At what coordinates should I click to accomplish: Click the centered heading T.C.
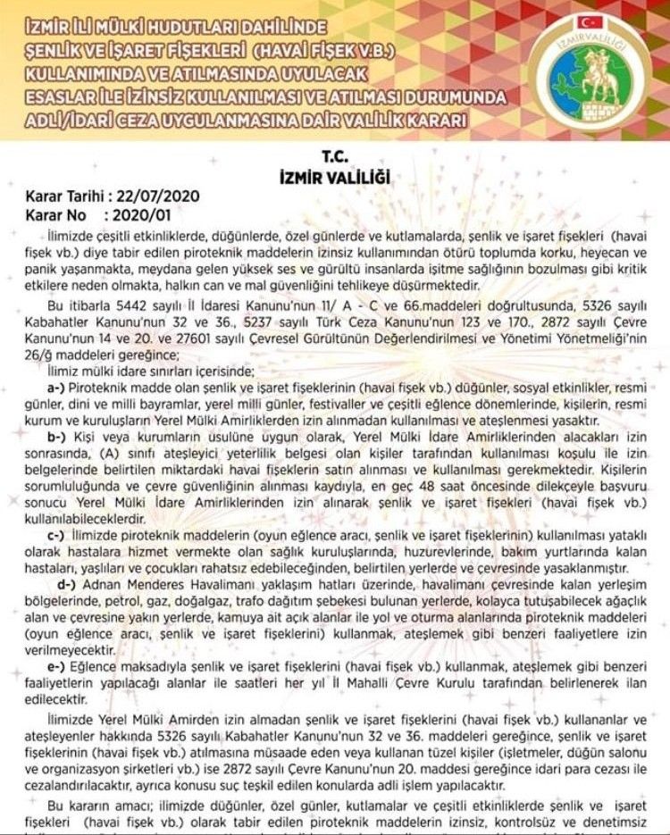point(335,155)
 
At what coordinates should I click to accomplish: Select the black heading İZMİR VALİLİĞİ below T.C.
point(335,177)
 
